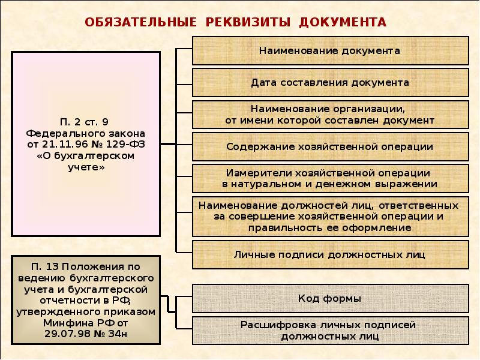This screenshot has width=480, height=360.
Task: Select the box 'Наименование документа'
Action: pyautogui.click(x=329, y=50)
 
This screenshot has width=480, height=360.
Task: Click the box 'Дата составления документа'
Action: pyautogui.click(x=329, y=82)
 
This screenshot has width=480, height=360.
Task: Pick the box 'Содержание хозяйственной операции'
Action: pyautogui.click(x=329, y=146)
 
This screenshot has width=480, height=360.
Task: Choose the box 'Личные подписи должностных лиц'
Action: pyautogui.click(x=329, y=254)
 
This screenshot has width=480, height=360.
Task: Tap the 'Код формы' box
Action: pyautogui.click(x=329, y=298)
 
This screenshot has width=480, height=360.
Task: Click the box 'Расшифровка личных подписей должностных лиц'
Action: pyautogui.click(x=329, y=330)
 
